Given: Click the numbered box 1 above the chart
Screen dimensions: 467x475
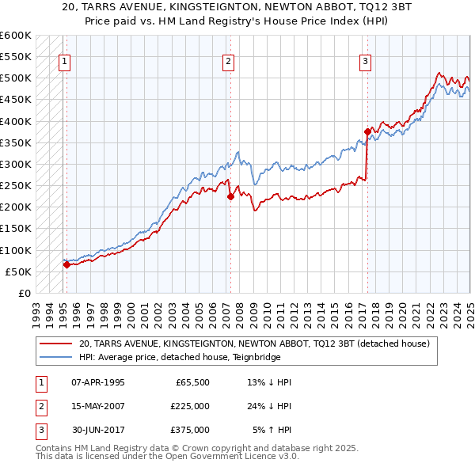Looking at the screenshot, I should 63,62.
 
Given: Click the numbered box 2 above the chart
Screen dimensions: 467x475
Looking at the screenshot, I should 228,62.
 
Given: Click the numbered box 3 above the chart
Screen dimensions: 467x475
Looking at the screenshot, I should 366,62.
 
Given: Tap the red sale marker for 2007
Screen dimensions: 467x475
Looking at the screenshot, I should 230,197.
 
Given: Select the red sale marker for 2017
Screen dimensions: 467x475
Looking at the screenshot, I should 367,132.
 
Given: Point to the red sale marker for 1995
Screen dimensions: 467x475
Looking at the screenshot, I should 66,265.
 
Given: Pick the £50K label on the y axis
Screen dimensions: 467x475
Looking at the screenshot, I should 19,271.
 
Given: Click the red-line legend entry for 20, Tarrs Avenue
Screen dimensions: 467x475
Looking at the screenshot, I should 253,344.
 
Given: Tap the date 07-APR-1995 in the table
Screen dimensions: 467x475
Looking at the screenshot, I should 98,382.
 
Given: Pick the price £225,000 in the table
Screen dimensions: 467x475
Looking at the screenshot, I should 190,406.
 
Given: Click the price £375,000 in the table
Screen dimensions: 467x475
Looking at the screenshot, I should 190,430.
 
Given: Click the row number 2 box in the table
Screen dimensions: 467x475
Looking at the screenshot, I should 40,406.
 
